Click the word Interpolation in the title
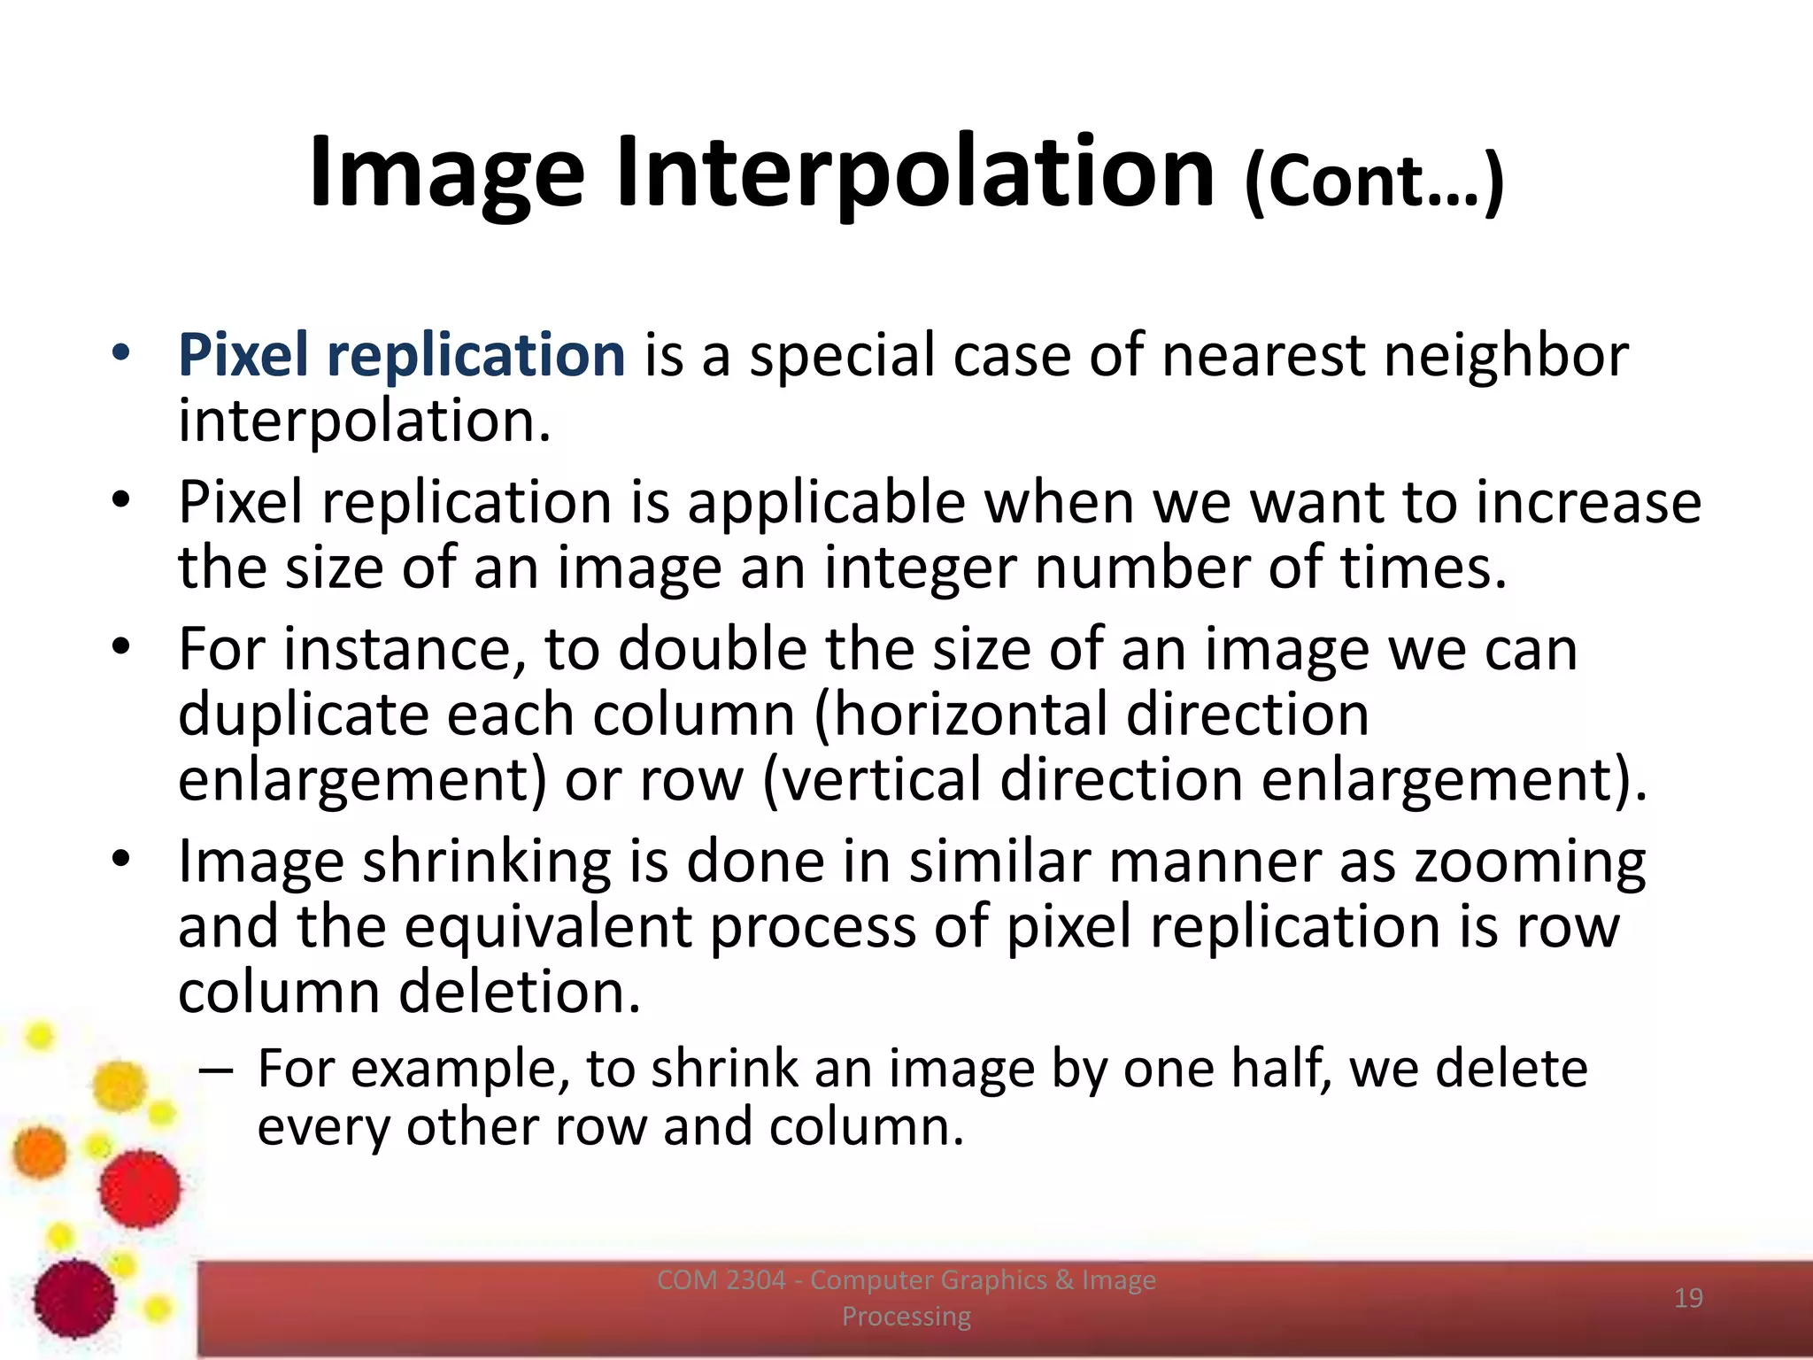tap(914, 173)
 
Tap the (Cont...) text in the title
tap(1374, 182)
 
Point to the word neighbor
tap(1505, 354)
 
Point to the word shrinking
tap(486, 862)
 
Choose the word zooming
tap(1530, 862)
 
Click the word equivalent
tap(547, 927)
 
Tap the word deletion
tap(519, 992)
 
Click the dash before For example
tap(217, 1070)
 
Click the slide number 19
tap(1688, 1298)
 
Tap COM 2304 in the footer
tap(721, 1280)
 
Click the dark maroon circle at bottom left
tap(75, 1299)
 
